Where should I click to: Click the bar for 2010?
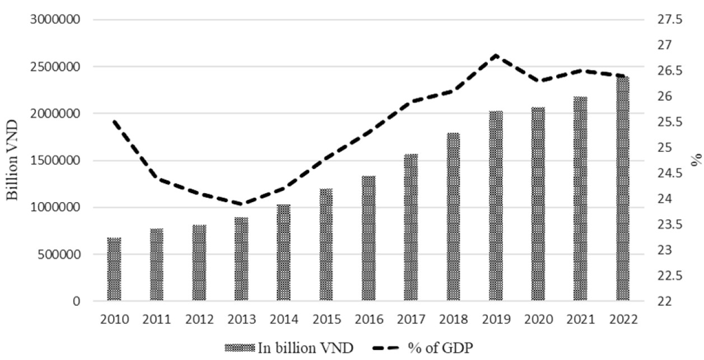pos(114,270)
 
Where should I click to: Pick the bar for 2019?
pos(496,207)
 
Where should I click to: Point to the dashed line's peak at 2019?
pos(496,55)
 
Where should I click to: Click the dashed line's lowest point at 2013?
pos(241,204)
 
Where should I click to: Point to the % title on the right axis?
pos(696,161)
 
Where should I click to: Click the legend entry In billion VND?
pos(289,348)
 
